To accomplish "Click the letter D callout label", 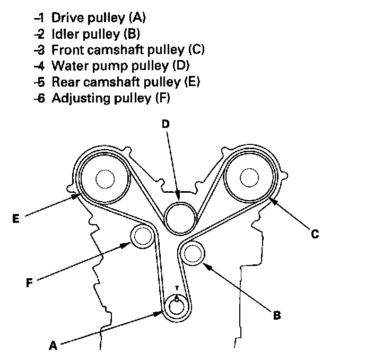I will (166, 124).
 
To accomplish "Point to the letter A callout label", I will (53, 346).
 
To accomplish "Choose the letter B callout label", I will (276, 316).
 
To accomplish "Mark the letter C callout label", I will (315, 234).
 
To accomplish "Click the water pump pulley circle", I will (179, 217).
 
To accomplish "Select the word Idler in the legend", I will (65, 34).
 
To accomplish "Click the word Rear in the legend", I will (64, 82).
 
